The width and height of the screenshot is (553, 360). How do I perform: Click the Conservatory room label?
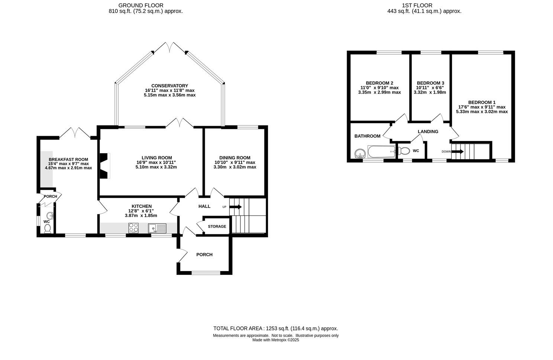tap(169, 86)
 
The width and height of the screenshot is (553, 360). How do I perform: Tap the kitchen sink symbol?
tap(158, 228)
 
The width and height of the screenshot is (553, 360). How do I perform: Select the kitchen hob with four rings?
tap(133, 228)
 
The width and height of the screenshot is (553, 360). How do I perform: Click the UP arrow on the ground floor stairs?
tap(236, 207)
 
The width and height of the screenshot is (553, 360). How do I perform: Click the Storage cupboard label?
tap(217, 226)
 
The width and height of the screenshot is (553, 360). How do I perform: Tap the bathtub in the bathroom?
tap(381, 151)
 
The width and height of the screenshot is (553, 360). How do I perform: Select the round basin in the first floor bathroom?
tap(359, 153)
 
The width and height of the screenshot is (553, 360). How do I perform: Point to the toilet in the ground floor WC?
tap(47, 229)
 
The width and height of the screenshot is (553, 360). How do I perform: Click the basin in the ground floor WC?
tap(49, 215)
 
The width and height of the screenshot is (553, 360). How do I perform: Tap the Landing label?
tap(428, 131)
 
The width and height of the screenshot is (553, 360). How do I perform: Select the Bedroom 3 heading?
tap(430, 83)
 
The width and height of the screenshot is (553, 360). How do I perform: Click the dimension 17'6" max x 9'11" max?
tap(482, 107)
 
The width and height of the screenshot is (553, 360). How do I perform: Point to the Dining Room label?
tap(235, 158)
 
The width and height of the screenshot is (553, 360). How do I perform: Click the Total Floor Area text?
tap(275, 328)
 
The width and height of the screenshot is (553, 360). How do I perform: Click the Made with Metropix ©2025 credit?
tap(275, 340)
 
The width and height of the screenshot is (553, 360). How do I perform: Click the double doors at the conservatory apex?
tap(170, 47)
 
